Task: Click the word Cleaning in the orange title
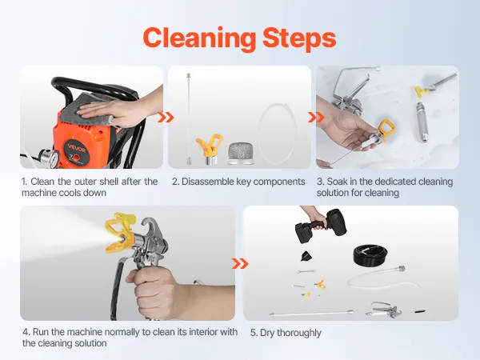pos(199,38)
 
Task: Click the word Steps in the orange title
pos(299,38)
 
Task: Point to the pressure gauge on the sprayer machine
pos(54,159)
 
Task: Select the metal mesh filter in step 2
pos(242,153)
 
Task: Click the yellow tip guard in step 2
pos(210,149)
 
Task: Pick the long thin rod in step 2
pos(189,118)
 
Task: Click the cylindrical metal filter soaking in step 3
pos(422,122)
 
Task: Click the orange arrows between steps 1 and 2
pos(166,118)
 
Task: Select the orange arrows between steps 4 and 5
pos(240,263)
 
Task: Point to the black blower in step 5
pos(320,226)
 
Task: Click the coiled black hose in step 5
pos(370,254)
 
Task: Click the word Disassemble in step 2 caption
pos(207,182)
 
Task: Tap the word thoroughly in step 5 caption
pos(298,333)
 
